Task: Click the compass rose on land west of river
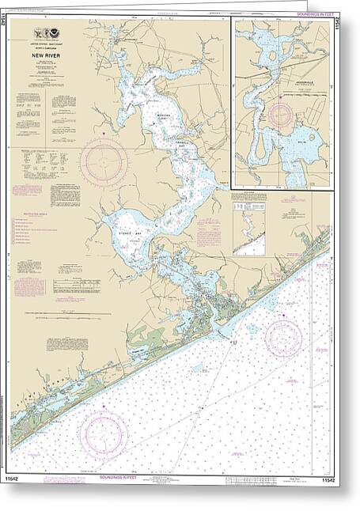pos(102,161)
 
